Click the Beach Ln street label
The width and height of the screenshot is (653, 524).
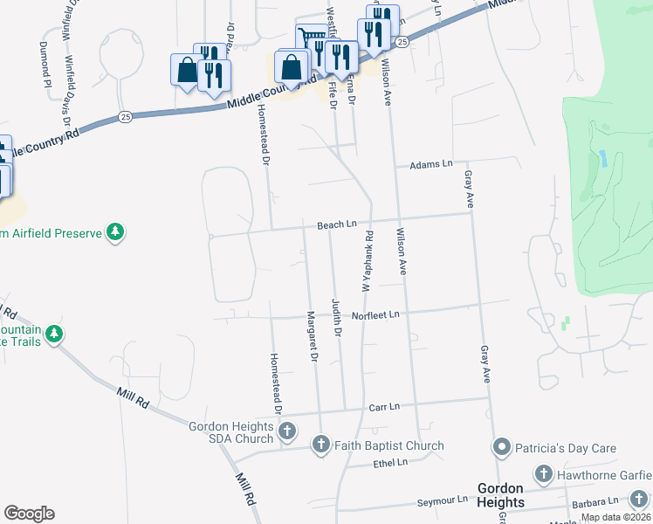click(x=338, y=225)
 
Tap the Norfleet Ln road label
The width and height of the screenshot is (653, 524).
click(x=375, y=314)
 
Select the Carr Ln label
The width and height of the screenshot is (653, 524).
click(x=383, y=407)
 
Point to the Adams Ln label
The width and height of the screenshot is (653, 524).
click(x=432, y=164)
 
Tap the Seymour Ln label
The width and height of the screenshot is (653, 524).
click(x=442, y=501)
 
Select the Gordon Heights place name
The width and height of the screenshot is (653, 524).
click(x=501, y=495)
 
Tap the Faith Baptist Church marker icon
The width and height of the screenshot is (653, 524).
click(x=320, y=445)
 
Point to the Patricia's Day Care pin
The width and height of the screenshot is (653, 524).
click(x=501, y=448)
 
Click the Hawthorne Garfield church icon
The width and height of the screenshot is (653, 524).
click(x=542, y=474)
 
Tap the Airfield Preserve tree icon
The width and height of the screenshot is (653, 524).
click(x=114, y=232)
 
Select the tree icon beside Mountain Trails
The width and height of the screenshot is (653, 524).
click(x=54, y=334)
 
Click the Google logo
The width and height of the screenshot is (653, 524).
click(x=29, y=514)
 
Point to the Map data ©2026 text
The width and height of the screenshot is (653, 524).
click(x=616, y=517)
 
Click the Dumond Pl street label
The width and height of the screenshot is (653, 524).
click(x=44, y=64)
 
